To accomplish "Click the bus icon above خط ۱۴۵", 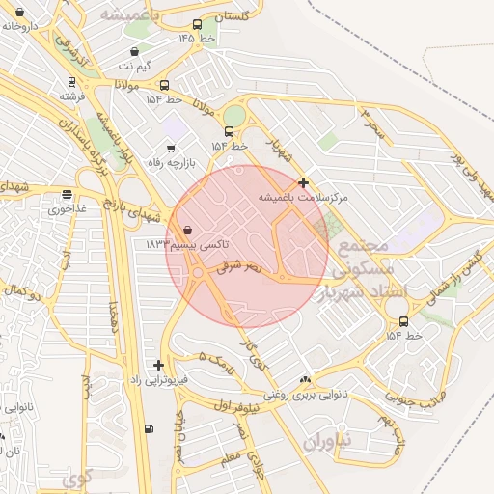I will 198,24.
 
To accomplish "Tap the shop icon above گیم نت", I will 134,51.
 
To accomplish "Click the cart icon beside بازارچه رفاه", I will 171,148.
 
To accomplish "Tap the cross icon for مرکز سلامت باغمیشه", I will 303,181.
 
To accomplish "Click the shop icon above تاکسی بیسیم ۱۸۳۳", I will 187,230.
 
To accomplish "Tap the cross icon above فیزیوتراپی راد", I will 158,365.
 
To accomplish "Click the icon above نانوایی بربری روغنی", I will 306,380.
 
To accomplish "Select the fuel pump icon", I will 148,428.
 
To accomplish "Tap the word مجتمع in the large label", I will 364,245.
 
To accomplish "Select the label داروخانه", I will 19,26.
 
